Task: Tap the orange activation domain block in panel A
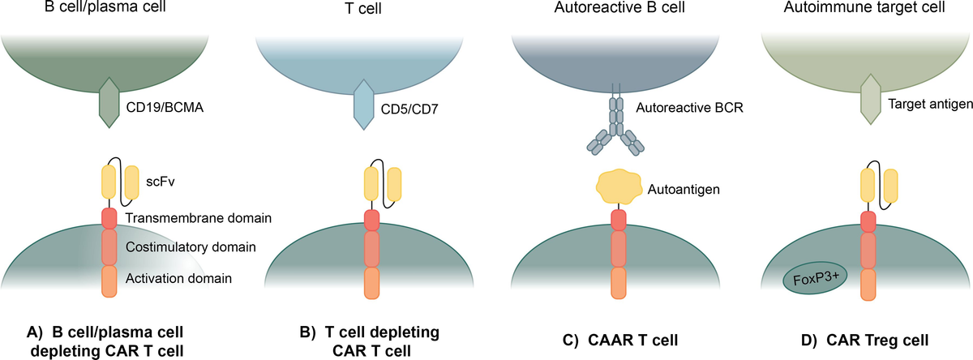[x=109, y=281]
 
